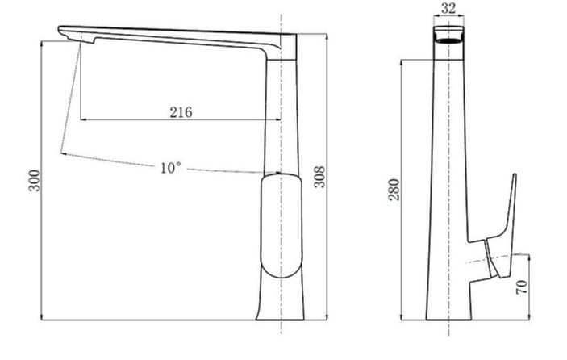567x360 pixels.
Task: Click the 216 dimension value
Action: point(181,112)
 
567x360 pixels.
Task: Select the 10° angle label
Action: point(170,168)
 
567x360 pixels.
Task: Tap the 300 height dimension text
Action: point(34,182)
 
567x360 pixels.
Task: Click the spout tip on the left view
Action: point(65,31)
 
